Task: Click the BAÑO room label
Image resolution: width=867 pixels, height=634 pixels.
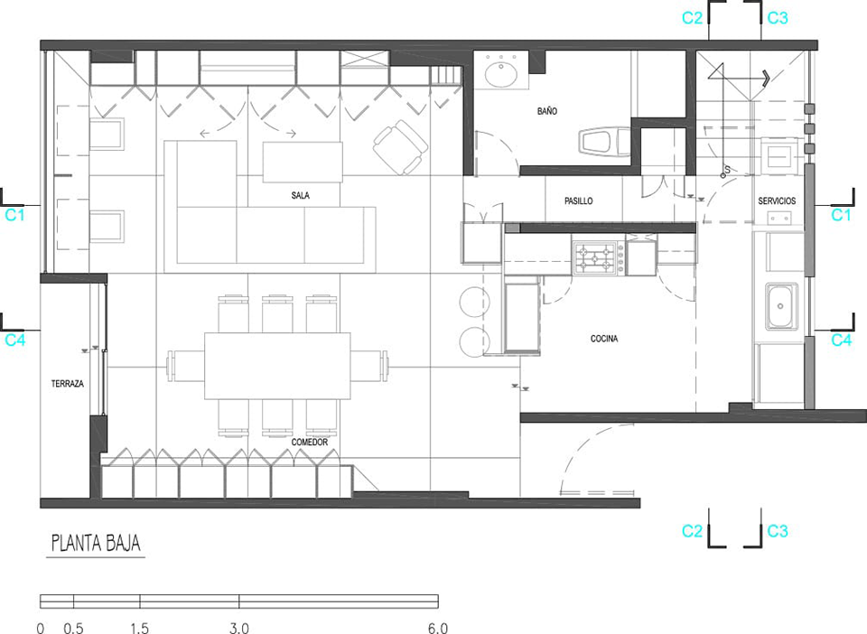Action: (x=547, y=111)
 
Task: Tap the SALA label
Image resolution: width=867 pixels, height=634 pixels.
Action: (x=300, y=195)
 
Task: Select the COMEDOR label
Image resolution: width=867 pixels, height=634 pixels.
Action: (x=310, y=443)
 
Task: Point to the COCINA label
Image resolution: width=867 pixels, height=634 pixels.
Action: (x=604, y=339)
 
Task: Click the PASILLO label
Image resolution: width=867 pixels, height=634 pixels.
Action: (x=578, y=201)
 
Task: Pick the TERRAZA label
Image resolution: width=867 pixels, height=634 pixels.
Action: (x=68, y=384)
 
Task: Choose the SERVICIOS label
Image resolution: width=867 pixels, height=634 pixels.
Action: (x=777, y=201)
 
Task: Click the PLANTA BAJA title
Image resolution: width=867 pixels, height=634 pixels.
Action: (x=96, y=543)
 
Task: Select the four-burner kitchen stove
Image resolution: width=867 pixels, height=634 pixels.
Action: (x=598, y=258)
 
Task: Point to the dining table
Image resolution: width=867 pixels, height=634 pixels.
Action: (x=277, y=366)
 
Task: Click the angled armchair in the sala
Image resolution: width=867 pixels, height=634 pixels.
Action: (x=400, y=147)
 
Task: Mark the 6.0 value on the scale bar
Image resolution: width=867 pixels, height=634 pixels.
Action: (x=437, y=628)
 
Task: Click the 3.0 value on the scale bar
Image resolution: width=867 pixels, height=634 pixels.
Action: (x=238, y=628)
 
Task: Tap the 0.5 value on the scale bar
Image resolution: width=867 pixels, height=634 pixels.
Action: (x=73, y=628)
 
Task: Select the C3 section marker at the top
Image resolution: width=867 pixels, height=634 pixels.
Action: (x=778, y=18)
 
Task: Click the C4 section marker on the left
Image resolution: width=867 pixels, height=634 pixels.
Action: (x=15, y=340)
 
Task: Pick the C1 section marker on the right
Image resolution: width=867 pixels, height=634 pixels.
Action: (x=841, y=214)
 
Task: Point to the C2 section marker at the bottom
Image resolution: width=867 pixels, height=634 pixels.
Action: (x=692, y=531)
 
